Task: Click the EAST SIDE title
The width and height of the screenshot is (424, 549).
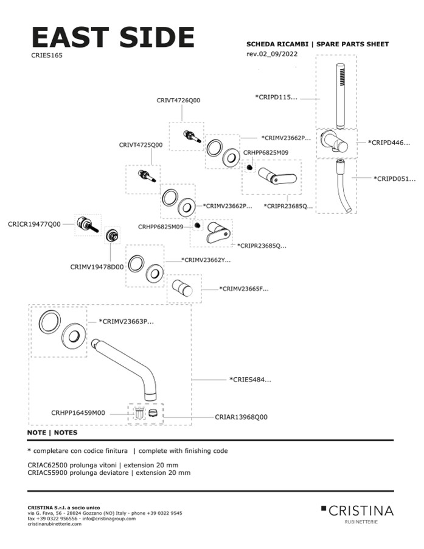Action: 113,37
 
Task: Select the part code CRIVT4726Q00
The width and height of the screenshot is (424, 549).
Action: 178,101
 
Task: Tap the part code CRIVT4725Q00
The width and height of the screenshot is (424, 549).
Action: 141,145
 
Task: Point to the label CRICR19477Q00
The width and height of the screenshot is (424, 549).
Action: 34,224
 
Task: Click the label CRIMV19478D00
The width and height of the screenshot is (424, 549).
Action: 97,266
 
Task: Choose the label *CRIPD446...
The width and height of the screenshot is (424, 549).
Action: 389,143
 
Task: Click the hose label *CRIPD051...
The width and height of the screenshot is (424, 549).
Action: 395,179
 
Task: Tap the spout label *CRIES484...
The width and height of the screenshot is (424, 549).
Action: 250,380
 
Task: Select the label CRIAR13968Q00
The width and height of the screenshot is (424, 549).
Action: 241,417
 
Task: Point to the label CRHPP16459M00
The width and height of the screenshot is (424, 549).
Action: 78,413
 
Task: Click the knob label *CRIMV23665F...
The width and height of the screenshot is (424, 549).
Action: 243,289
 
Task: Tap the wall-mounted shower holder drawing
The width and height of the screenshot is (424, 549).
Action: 335,143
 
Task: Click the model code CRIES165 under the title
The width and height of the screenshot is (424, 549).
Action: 47,55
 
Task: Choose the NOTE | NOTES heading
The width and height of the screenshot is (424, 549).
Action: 52,433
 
